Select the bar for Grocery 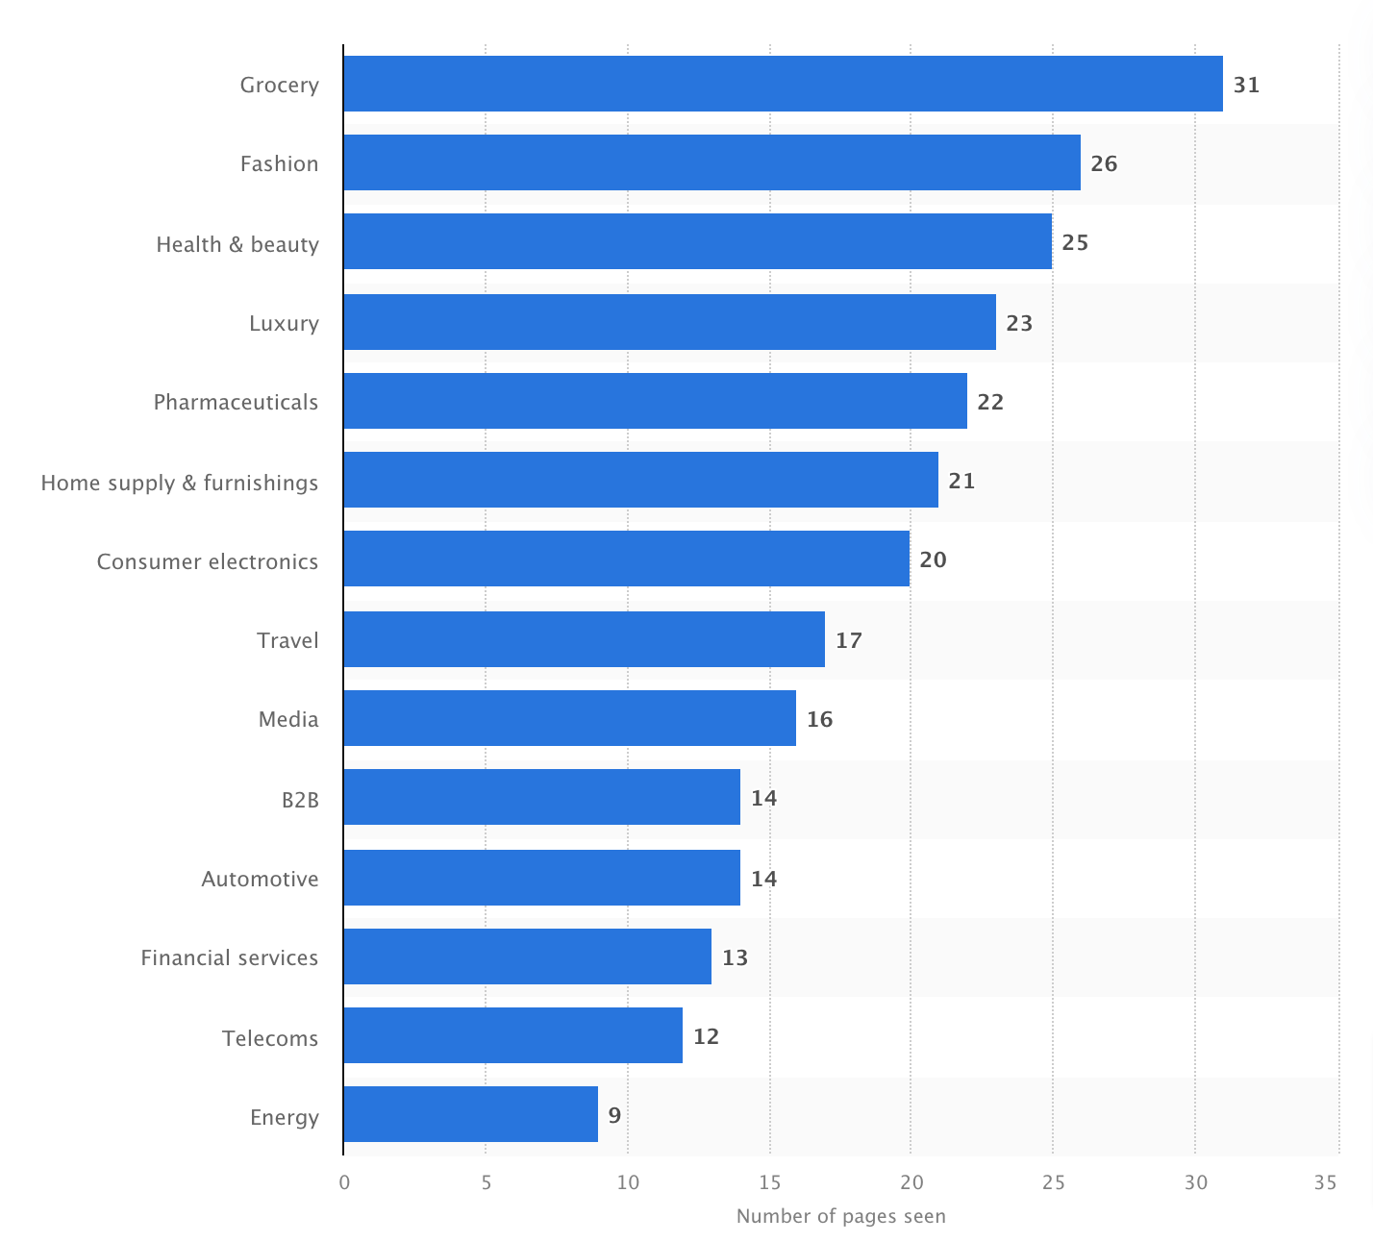783,84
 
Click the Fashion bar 711,162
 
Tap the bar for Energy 470,1114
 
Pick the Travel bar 584,639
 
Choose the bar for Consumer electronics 626,559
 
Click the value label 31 1246,85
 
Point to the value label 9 614,1115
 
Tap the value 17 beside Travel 848,640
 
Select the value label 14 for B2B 763,798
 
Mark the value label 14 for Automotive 763,879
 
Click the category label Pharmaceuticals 236,402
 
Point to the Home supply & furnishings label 179,483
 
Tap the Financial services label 229,957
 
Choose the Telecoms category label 269,1038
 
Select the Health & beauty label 237,244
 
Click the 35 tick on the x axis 1325,1182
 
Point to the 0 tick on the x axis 344,1182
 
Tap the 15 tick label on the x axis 769,1182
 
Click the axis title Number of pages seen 840,1216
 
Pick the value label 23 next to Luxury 1019,323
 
